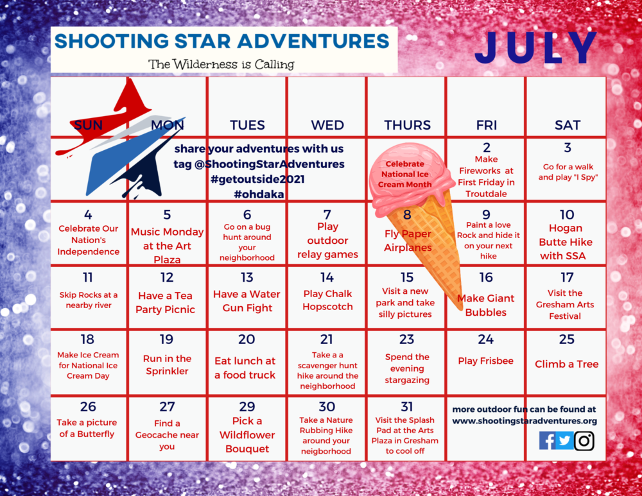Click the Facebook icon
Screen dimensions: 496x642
click(547, 440)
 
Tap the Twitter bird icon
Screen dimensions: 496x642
click(565, 440)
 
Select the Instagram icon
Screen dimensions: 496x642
click(584, 440)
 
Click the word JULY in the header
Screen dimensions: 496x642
click(541, 48)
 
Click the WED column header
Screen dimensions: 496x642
click(327, 125)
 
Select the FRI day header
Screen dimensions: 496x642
click(486, 125)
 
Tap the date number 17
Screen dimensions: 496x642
click(566, 277)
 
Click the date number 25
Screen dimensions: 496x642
click(566, 339)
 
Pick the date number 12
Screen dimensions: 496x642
click(167, 277)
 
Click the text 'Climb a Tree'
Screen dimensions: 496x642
click(566, 364)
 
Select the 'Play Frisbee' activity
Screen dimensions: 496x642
click(486, 361)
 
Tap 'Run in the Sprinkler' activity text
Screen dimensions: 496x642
click(167, 364)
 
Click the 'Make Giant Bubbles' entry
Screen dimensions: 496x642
click(486, 305)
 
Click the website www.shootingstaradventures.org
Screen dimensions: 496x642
click(525, 421)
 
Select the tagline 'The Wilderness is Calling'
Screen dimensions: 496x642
click(221, 64)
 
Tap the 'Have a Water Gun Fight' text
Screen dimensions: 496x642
click(247, 301)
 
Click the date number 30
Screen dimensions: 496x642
click(327, 406)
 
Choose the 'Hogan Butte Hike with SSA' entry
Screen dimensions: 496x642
click(566, 242)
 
